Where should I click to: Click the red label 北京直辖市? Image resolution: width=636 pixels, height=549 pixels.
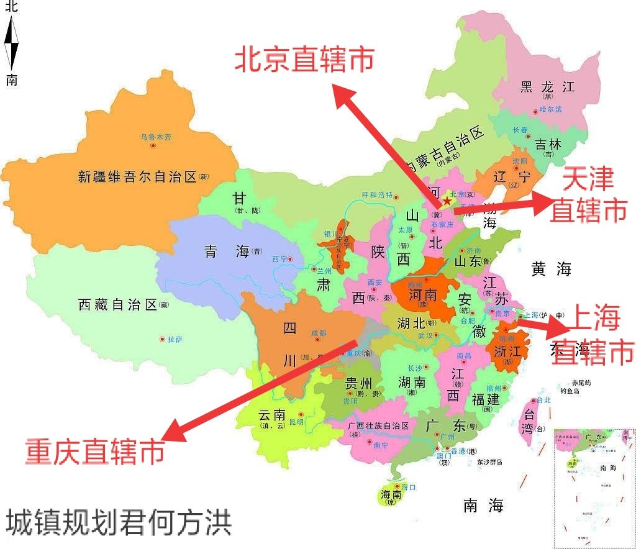pyautogui.click(x=304, y=60)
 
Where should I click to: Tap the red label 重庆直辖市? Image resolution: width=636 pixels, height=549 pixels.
pyautogui.click(x=94, y=451)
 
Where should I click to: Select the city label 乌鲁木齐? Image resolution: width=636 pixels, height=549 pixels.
pyautogui.click(x=154, y=137)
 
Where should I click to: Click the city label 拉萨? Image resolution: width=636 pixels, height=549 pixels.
pyautogui.click(x=174, y=340)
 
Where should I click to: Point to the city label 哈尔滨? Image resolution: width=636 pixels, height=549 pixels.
pyautogui.click(x=550, y=109)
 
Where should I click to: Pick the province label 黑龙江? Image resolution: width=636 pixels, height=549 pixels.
pyautogui.click(x=547, y=86)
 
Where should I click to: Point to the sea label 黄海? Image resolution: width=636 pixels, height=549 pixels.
pyautogui.click(x=551, y=269)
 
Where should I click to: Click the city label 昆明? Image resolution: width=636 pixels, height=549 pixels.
pyautogui.click(x=297, y=422)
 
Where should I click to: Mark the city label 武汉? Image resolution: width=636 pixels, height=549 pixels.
pyautogui.click(x=425, y=335)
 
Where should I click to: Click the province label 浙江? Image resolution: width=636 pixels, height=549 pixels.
pyautogui.click(x=507, y=351)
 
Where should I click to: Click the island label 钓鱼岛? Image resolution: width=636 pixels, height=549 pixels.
pyautogui.click(x=570, y=391)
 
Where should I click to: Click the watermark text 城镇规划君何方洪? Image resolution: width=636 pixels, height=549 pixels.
pyautogui.click(x=119, y=523)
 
